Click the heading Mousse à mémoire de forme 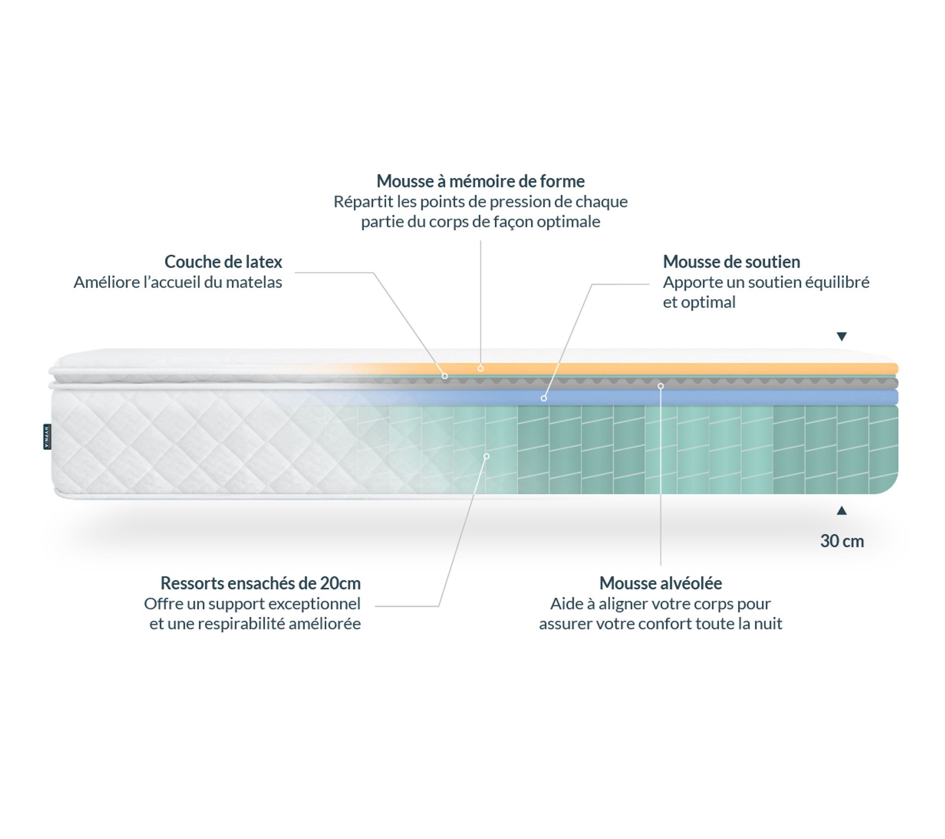click(x=480, y=181)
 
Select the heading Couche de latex click(x=223, y=262)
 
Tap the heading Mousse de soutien click(x=731, y=262)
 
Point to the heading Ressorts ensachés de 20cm click(x=260, y=583)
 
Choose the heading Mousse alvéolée click(x=661, y=583)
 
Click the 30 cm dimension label click(x=842, y=541)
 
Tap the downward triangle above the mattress click(x=842, y=337)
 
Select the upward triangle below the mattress click(x=842, y=511)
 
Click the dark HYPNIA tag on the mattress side click(x=47, y=437)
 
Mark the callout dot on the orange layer click(x=480, y=368)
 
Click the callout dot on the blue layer click(x=543, y=398)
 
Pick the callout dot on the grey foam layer click(x=661, y=386)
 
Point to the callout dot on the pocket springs click(x=486, y=456)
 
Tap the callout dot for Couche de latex click(x=444, y=376)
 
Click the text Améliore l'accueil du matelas click(x=178, y=283)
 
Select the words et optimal click(x=699, y=302)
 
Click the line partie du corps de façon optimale click(x=480, y=222)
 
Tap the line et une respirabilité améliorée click(x=255, y=624)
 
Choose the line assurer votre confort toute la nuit click(x=661, y=624)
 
